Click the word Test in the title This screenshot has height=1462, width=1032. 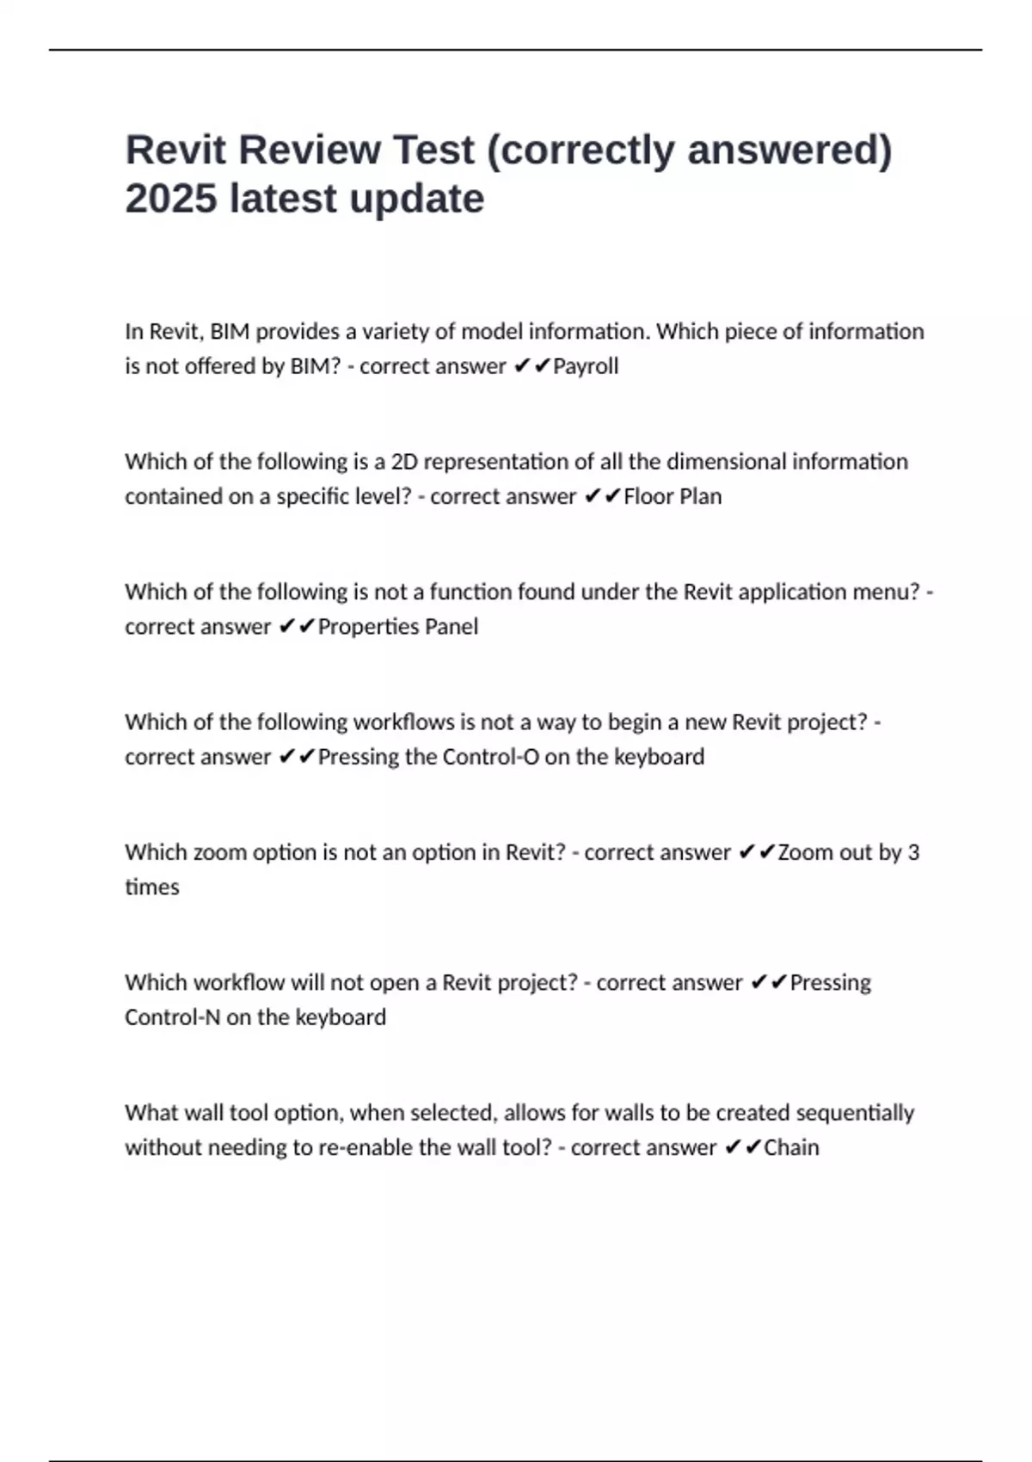[433, 150]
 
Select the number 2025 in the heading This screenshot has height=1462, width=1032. [170, 199]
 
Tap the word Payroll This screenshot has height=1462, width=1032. [586, 366]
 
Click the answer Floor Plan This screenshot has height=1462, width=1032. [673, 496]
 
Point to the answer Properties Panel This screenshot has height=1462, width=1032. [398, 626]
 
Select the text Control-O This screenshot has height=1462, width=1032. [490, 757]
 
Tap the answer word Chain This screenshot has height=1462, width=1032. [791, 1147]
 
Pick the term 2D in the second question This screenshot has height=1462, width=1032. [404, 462]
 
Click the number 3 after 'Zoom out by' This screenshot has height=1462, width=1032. [913, 852]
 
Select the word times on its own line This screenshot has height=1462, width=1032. [152, 888]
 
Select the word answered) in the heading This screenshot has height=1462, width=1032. [789, 150]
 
